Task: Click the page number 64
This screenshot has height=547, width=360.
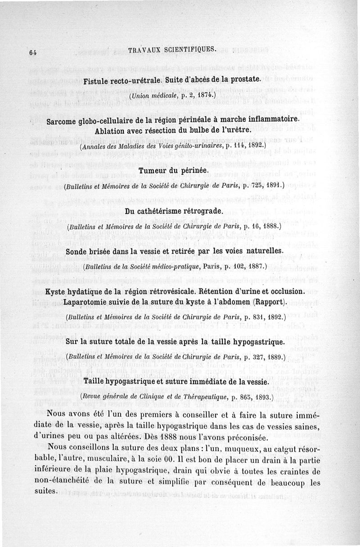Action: coord(32,52)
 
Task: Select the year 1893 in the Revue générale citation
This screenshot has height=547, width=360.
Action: coord(262,397)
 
